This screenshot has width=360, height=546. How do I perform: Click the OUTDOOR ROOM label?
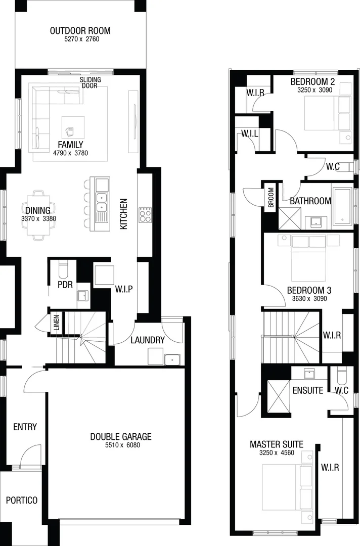click(80, 31)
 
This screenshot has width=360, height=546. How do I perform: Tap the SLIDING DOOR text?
click(90, 82)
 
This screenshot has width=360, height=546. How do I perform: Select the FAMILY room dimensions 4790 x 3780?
click(71, 153)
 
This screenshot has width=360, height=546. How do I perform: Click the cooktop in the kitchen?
click(145, 215)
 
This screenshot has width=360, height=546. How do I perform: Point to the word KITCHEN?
click(123, 214)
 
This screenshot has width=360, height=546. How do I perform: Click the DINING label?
click(37, 210)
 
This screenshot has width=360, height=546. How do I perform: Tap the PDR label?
click(65, 285)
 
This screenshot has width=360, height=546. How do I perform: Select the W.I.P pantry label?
click(123, 289)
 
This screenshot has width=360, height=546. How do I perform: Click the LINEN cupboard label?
click(57, 323)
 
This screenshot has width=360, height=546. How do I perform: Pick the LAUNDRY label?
click(148, 340)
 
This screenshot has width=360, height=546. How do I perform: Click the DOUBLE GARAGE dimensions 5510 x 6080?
click(121, 445)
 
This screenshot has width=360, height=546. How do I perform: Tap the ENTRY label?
click(25, 427)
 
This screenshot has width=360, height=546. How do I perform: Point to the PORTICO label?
click(22, 500)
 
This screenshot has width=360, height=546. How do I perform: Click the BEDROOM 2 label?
click(312, 82)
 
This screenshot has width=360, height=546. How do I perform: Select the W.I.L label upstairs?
click(250, 133)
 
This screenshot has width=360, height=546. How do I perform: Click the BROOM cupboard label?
click(271, 198)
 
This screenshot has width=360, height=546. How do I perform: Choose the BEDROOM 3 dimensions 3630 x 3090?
click(309, 298)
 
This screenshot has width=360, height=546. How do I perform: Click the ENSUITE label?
click(308, 390)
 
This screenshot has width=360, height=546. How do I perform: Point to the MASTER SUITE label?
click(277, 444)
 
